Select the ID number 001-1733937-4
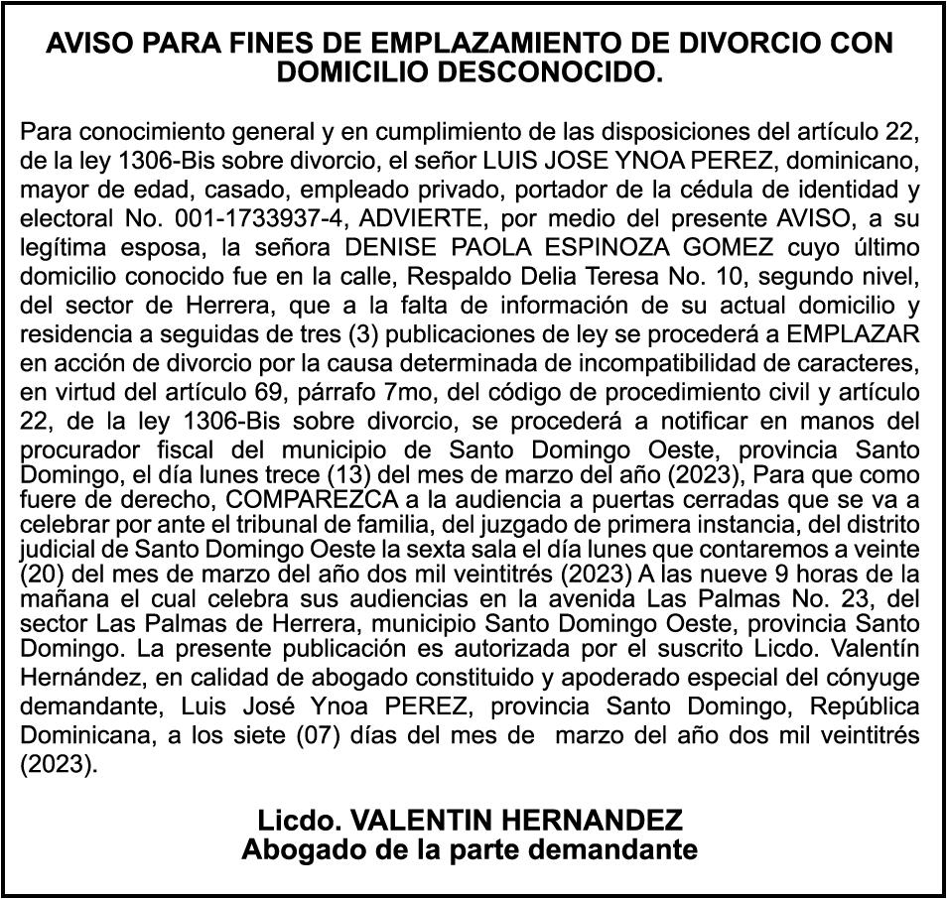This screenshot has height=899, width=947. point(198,217)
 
